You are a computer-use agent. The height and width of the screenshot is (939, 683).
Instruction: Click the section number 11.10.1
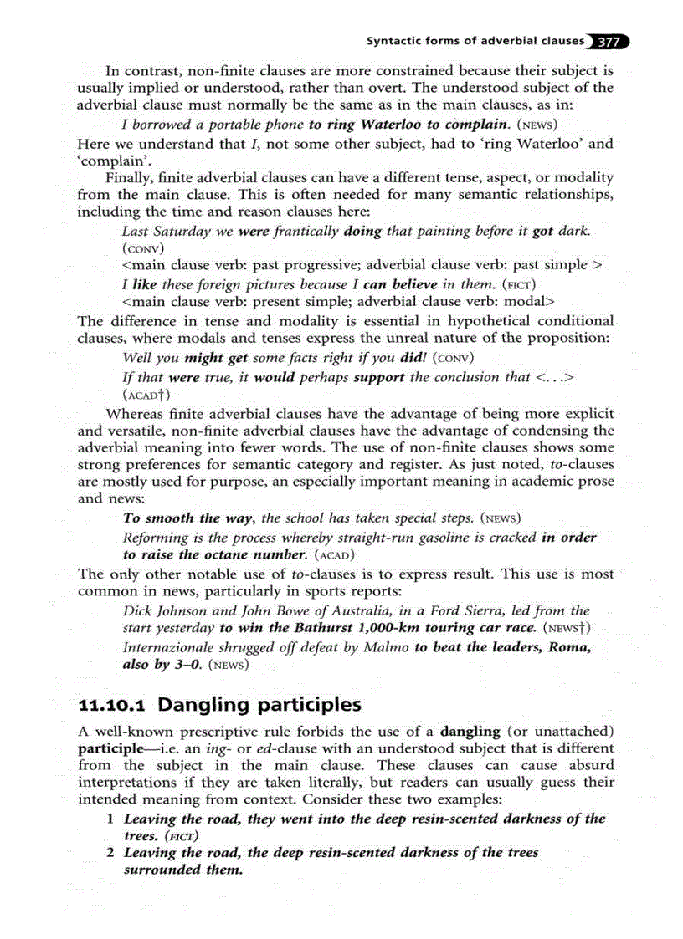click(x=111, y=704)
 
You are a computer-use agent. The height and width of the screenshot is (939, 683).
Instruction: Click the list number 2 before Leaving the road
click(x=110, y=853)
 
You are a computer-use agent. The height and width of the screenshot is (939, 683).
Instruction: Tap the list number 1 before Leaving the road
click(x=110, y=819)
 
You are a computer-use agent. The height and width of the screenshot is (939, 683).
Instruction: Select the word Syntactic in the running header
click(x=396, y=42)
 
